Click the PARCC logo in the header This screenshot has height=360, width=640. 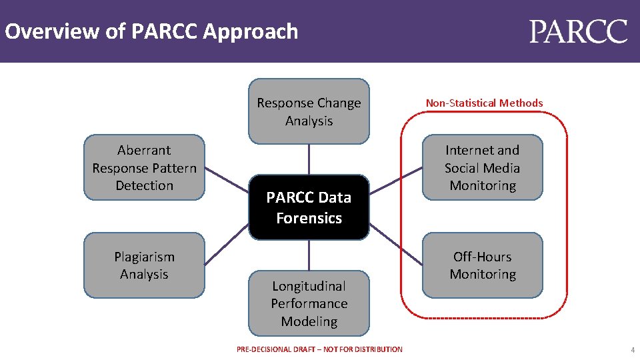[x=579, y=31]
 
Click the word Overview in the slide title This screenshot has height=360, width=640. [x=44, y=31]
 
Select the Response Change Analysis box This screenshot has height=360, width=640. [x=309, y=111]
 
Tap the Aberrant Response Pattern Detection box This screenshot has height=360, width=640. [x=144, y=168]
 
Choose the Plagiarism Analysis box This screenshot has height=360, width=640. [x=144, y=265]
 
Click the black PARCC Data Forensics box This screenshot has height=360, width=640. [x=309, y=207]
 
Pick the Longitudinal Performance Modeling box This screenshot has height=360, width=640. [x=309, y=303]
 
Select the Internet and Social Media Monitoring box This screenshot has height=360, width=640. [x=482, y=168]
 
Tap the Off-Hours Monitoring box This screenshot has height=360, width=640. [x=482, y=265]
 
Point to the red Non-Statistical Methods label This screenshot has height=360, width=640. [x=484, y=103]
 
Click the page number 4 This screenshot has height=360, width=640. [x=633, y=349]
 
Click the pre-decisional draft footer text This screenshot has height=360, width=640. [x=319, y=349]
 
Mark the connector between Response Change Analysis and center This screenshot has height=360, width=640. [x=309, y=159]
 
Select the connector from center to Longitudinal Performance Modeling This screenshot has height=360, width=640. [x=309, y=255]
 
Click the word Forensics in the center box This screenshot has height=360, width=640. [x=309, y=218]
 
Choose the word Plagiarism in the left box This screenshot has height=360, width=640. [x=144, y=257]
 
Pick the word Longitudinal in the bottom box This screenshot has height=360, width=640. [x=309, y=286]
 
